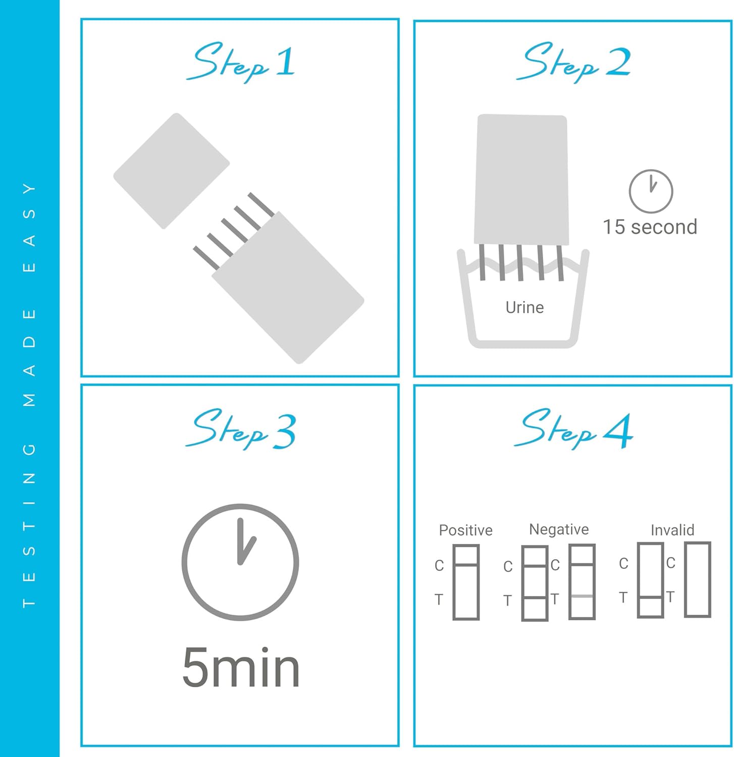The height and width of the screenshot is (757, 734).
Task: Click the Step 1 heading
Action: [240, 62]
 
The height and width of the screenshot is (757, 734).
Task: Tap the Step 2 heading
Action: [573, 62]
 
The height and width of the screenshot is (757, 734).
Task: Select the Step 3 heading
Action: [240, 429]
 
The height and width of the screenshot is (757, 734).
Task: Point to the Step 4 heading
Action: [573, 429]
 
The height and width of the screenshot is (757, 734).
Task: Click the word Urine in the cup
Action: [525, 307]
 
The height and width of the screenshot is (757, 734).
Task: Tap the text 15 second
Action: [650, 227]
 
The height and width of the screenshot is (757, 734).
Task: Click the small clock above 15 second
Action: [651, 191]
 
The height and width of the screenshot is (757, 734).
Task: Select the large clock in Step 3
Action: [240, 562]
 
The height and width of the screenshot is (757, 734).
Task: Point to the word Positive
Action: [465, 530]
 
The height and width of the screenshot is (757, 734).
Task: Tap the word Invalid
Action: [672, 530]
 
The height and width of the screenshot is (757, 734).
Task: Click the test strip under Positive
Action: [465, 582]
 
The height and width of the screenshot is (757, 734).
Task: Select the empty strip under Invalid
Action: [698, 580]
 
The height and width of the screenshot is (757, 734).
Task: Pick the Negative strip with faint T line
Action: [582, 582]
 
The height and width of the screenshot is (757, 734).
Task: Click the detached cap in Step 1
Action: [171, 171]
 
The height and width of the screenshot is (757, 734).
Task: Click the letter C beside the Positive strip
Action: [439, 566]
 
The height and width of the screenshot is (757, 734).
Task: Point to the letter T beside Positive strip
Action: [439, 600]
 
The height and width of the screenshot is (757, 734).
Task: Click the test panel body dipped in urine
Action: [521, 180]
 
